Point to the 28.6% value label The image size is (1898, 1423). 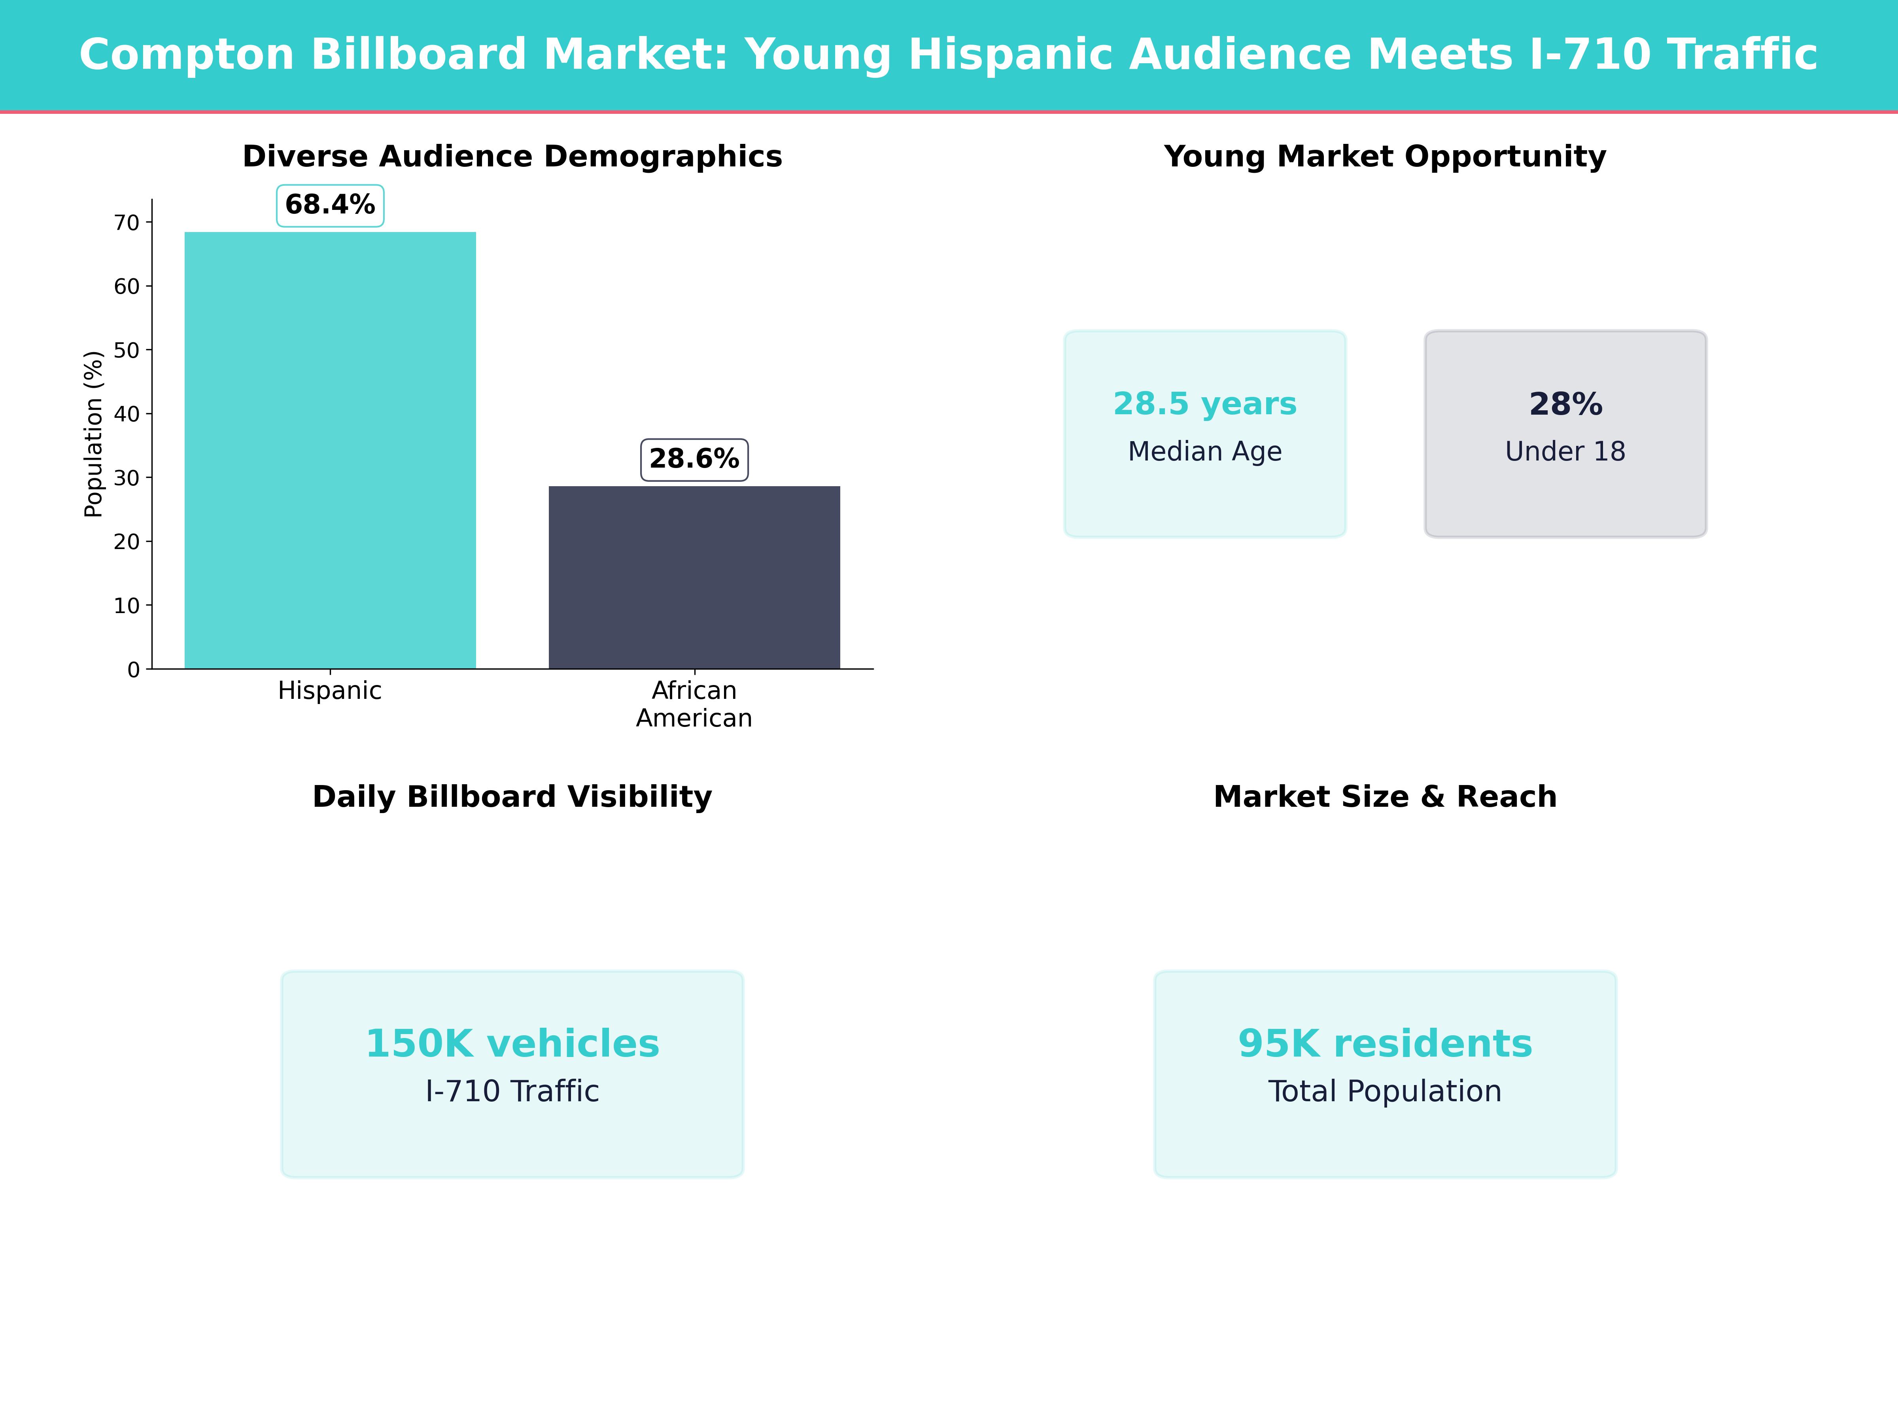pyautogui.click(x=694, y=459)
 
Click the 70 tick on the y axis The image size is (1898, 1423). pyautogui.click(x=127, y=223)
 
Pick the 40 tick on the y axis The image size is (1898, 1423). pyautogui.click(x=127, y=414)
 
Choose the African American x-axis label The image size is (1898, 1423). pyautogui.click(x=694, y=704)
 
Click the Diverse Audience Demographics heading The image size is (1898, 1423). pyautogui.click(x=512, y=156)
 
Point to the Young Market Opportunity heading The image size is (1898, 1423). pyautogui.click(x=1385, y=156)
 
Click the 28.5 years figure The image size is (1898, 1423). pyautogui.click(x=1205, y=403)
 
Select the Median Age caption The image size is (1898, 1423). pyautogui.click(x=1205, y=451)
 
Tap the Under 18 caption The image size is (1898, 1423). pyautogui.click(x=1565, y=451)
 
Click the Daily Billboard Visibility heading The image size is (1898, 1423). pyautogui.click(x=512, y=797)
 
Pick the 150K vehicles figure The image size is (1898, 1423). pyautogui.click(x=512, y=1044)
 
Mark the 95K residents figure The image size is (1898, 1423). pyautogui.click(x=1385, y=1044)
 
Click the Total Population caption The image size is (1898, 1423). pyautogui.click(x=1385, y=1091)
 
